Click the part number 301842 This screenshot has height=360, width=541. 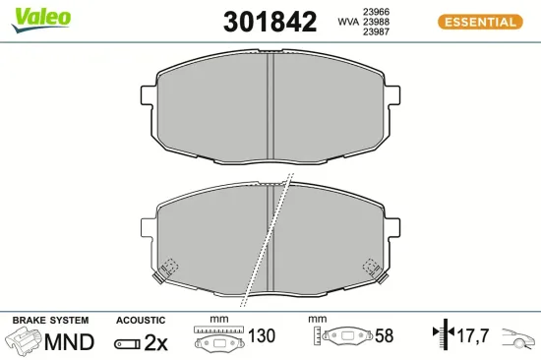[x=270, y=21]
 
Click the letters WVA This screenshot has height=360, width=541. [x=347, y=21]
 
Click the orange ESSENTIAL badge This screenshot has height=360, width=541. [x=477, y=21]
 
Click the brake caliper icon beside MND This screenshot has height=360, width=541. [x=26, y=341]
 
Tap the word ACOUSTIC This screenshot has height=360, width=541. [x=141, y=321]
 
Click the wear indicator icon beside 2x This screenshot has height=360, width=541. [x=127, y=342]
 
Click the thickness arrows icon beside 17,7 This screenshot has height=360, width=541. [x=444, y=336]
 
